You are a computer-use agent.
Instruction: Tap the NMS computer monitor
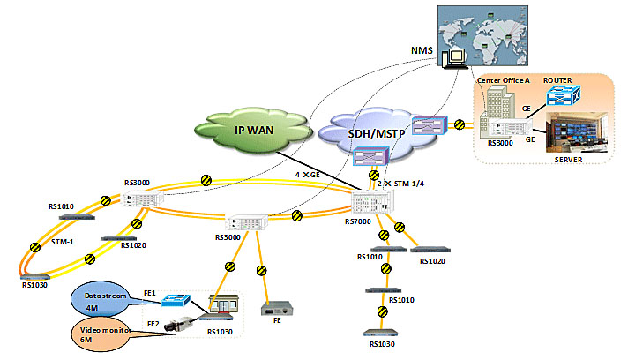click(456, 56)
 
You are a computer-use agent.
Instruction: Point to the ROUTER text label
click(558, 80)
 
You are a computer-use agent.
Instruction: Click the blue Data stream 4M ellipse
click(104, 301)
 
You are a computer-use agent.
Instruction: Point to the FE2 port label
click(153, 324)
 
